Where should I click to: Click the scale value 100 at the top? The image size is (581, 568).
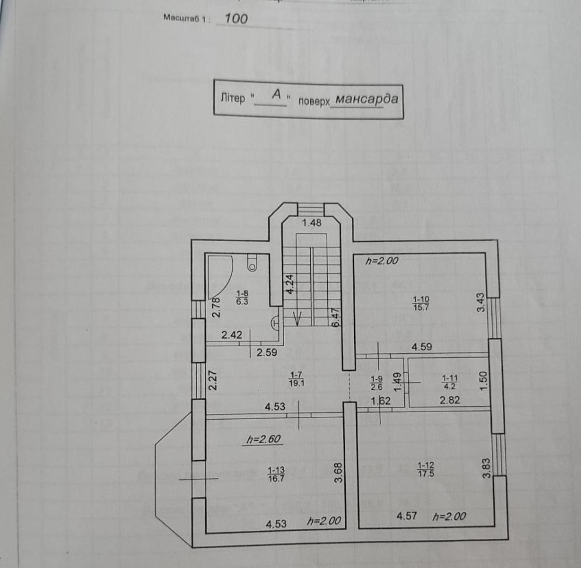click(236, 19)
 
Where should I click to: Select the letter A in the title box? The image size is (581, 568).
click(277, 94)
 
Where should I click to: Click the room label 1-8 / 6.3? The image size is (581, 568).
click(242, 298)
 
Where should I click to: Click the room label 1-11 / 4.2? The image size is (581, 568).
click(450, 381)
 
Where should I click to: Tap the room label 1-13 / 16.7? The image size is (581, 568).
click(276, 473)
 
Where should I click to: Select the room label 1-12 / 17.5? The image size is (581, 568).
click(425, 469)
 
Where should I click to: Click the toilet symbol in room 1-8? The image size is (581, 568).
click(252, 263)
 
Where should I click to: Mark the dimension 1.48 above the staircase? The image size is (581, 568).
click(311, 222)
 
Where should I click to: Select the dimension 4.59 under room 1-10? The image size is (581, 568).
click(423, 347)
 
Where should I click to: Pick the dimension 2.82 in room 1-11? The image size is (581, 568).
click(450, 400)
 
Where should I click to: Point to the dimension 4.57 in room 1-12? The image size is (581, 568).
click(408, 516)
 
